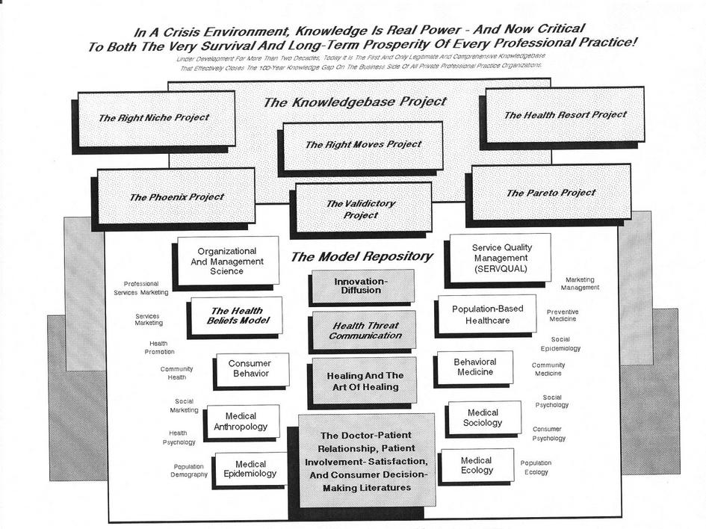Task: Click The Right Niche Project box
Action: click(155, 118)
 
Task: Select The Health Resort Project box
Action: click(565, 115)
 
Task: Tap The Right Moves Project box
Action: click(363, 145)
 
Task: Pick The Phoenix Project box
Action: click(176, 197)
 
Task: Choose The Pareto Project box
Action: click(551, 193)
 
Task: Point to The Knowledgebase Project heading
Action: click(355, 102)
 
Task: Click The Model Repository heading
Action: click(361, 256)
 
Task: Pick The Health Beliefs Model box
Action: click(236, 316)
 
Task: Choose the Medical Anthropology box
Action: click(241, 421)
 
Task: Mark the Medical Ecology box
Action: click(477, 465)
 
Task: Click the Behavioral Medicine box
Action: click(474, 367)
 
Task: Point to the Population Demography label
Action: click(189, 471)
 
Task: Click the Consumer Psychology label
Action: click(549, 434)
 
